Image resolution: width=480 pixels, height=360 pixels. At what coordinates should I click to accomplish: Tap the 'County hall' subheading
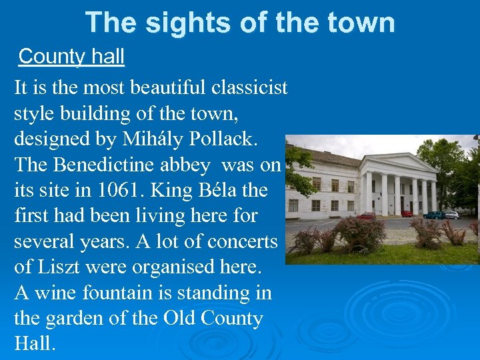(71, 57)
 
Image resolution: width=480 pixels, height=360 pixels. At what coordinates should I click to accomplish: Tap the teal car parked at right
(433, 215)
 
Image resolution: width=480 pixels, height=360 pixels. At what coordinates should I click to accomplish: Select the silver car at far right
(452, 215)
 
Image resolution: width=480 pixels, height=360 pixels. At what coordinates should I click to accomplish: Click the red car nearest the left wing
(366, 215)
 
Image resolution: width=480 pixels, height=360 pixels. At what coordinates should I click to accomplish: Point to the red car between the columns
(407, 213)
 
